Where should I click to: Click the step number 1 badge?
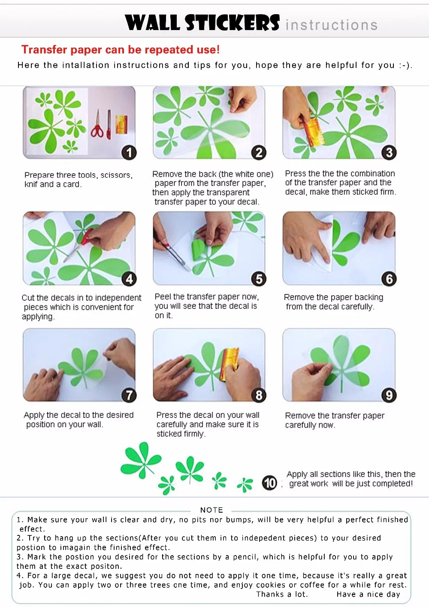coord(129,152)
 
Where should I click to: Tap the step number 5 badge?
coord(259,279)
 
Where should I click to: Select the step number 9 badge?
coord(389,395)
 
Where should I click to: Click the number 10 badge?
coord(269,483)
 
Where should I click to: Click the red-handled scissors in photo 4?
coord(79,245)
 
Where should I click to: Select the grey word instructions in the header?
coord(332,25)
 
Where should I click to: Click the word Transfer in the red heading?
coord(44,50)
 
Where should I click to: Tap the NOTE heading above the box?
coord(211,510)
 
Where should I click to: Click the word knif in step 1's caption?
coord(30,184)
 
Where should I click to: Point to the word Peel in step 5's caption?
coord(163,297)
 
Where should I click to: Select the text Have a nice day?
coord(368,594)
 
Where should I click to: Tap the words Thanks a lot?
coord(282,594)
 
